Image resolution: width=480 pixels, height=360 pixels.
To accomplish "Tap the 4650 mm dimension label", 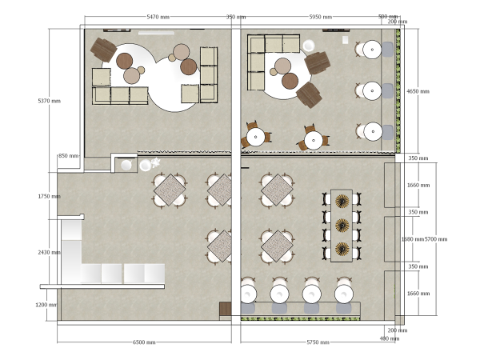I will pyautogui.click(x=418, y=91).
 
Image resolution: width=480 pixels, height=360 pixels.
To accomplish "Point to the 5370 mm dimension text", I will pyautogui.click(x=50, y=101).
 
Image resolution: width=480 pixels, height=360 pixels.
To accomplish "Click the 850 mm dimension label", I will pyautogui.click(x=68, y=156).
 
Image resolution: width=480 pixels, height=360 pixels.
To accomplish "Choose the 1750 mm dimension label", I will pyautogui.click(x=50, y=196).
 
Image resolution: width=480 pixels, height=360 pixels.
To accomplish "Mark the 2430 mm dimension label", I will pyautogui.click(x=50, y=252).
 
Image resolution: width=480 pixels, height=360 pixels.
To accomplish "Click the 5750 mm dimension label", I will pyautogui.click(x=318, y=342).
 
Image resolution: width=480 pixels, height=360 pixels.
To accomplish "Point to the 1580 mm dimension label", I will pyautogui.click(x=411, y=239).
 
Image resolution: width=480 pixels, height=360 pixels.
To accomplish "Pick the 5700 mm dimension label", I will pyautogui.click(x=436, y=239).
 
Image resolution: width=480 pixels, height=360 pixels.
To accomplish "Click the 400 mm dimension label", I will pyautogui.click(x=390, y=339).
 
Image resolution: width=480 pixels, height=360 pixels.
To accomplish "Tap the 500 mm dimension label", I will pyautogui.click(x=388, y=17).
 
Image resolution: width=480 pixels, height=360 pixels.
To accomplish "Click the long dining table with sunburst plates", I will pyautogui.click(x=342, y=226).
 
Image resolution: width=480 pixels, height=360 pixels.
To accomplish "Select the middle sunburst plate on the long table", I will pyautogui.click(x=342, y=225).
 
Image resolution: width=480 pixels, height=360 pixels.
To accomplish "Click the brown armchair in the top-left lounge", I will pyautogui.click(x=104, y=50).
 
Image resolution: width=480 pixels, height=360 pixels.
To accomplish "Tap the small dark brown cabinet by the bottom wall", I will pyautogui.click(x=226, y=309).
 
